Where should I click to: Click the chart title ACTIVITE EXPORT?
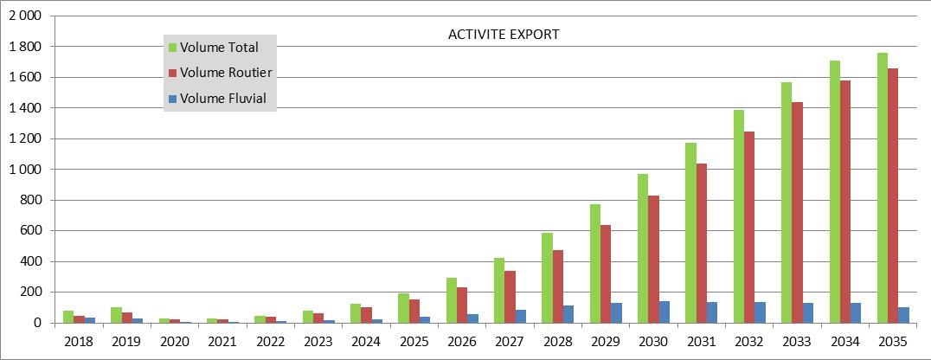(x=504, y=35)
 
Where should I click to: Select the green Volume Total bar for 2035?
(x=883, y=188)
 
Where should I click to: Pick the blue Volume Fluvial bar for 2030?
(x=665, y=312)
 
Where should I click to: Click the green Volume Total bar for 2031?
(x=690, y=233)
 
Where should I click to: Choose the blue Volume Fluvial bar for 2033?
(x=808, y=313)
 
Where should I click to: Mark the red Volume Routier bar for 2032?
(x=748, y=227)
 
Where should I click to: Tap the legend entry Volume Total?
(x=214, y=47)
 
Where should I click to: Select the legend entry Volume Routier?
(x=221, y=73)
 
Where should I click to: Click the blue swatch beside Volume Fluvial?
(x=173, y=99)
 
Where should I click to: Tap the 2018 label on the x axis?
(x=79, y=342)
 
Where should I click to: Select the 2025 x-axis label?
(x=414, y=342)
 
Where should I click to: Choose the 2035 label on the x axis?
(x=894, y=342)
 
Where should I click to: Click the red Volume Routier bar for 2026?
(x=461, y=305)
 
